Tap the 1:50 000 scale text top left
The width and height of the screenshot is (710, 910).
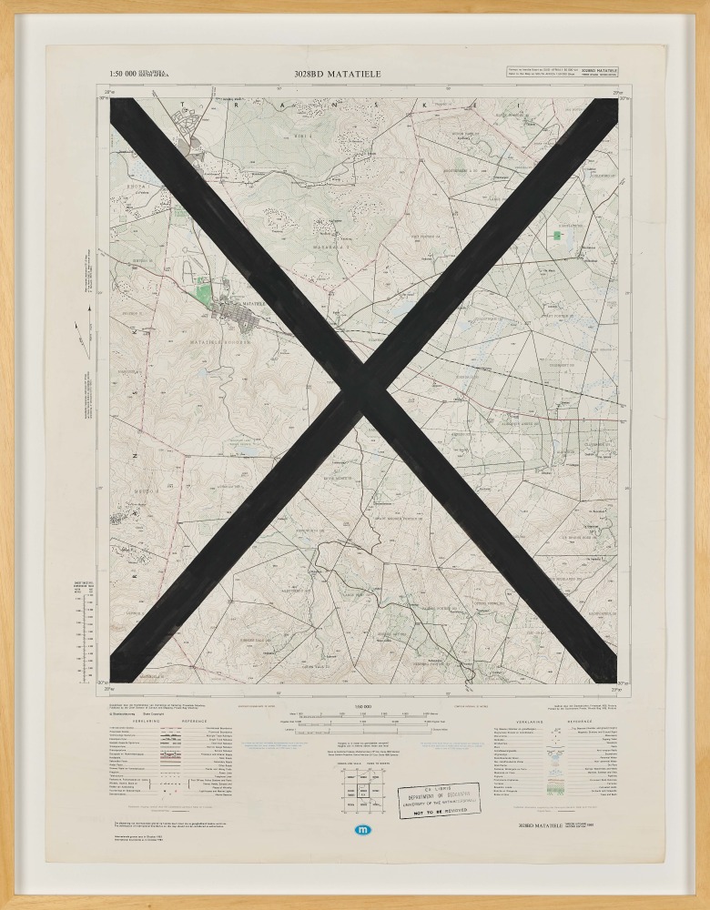123,74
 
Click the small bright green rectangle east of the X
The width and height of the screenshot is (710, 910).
556,236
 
